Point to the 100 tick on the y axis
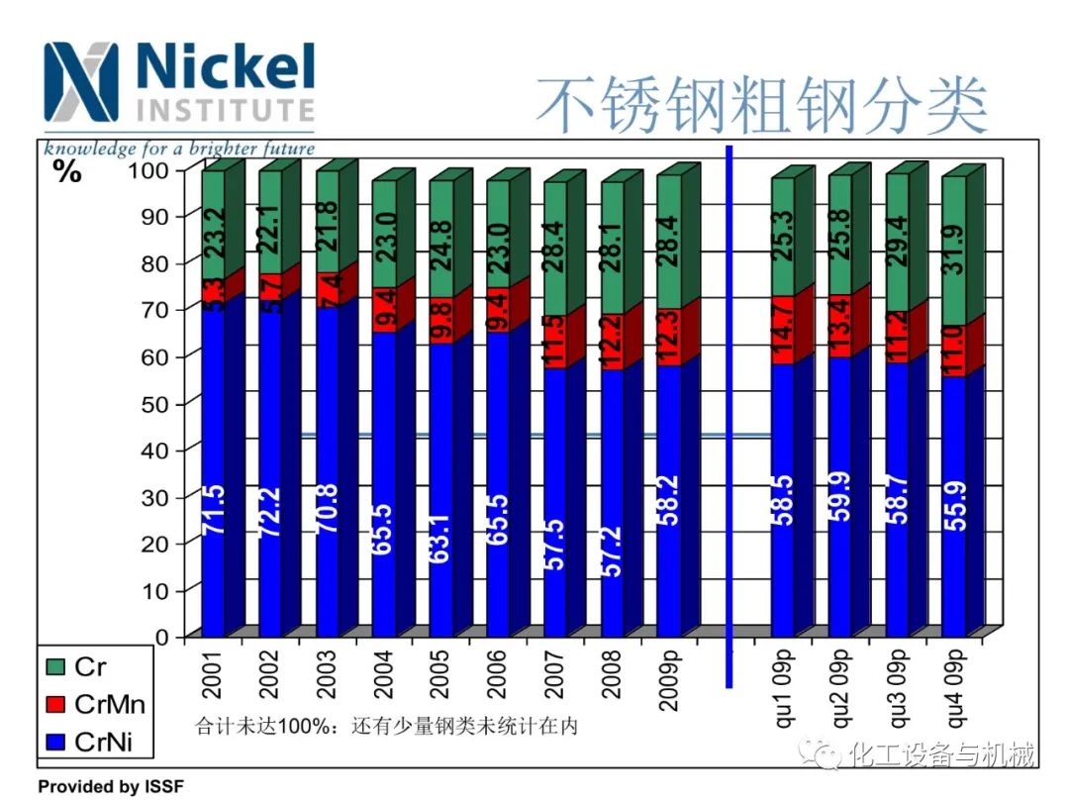pyautogui.click(x=149, y=169)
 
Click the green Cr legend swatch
pyautogui.click(x=54, y=669)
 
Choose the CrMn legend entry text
pyautogui.click(x=110, y=704)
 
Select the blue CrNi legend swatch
pyautogui.click(x=54, y=740)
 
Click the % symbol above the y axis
pyautogui.click(x=67, y=171)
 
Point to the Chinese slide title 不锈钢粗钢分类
pyautogui.click(x=762, y=106)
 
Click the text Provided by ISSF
pyautogui.click(x=111, y=787)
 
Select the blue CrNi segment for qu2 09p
pyautogui.click(x=840, y=495)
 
